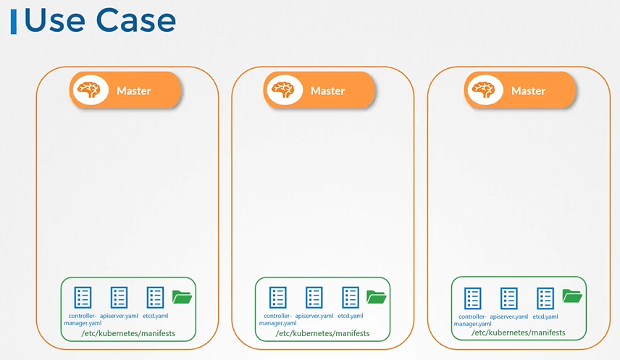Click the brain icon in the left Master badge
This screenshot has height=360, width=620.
coord(89,90)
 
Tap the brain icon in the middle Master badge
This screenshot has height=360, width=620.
coord(283,90)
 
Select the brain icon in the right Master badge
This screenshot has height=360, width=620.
coord(483,90)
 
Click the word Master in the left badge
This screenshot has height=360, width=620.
coord(134,91)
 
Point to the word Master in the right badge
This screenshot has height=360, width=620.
coord(528,91)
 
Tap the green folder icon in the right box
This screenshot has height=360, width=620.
coord(572,296)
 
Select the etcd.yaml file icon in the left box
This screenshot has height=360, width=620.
coord(156,297)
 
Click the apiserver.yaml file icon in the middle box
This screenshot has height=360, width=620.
coord(314,297)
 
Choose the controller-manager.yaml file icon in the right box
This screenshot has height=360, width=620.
coord(473,297)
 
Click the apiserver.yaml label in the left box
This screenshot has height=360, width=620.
coord(119,316)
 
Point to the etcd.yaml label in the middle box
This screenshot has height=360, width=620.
coord(351,316)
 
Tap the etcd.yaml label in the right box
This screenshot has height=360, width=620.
coord(545,317)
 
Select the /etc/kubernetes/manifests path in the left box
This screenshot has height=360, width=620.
coord(127,334)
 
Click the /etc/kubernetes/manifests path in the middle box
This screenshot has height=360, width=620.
coord(322,334)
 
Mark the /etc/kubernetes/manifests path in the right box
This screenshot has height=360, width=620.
coord(518,334)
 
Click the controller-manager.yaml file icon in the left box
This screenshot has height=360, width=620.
coord(83,297)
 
